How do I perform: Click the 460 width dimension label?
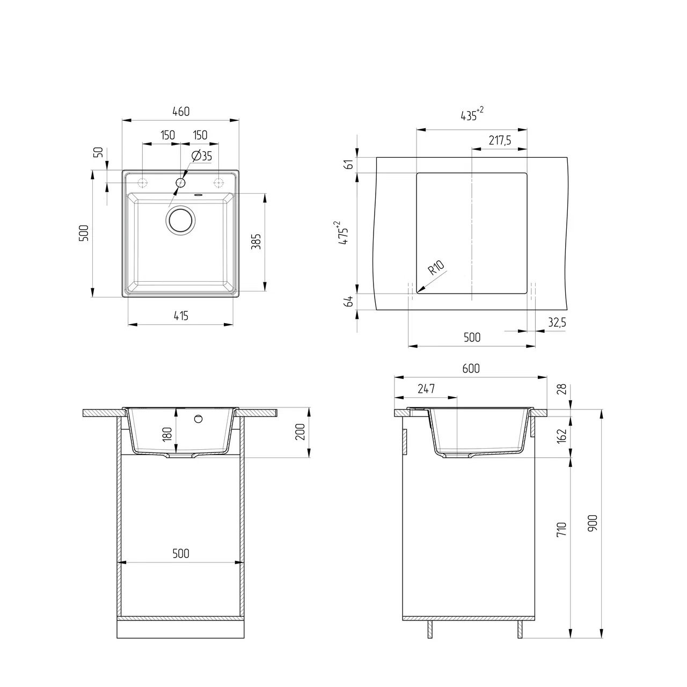click(181, 112)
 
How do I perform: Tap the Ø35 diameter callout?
click(201, 156)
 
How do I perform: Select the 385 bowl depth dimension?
click(256, 242)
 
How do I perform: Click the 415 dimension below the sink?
click(181, 316)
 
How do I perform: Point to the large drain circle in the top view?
click(180, 220)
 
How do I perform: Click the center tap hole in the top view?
click(180, 183)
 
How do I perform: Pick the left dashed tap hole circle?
click(143, 183)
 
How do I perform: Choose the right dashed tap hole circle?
click(218, 183)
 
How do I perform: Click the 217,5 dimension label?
click(500, 141)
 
